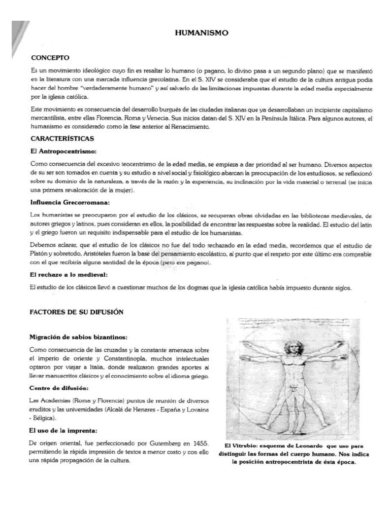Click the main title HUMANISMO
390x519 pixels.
tap(202, 33)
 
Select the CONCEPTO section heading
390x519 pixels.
tap(50, 58)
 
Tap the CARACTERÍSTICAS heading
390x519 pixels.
tap(61, 138)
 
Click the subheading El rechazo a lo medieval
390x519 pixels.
tap(69, 274)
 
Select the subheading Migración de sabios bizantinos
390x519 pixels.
tap(79, 337)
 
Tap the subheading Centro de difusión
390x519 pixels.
tap(59, 388)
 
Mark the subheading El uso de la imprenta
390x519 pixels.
tap(63, 430)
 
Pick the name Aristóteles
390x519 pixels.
tap(96, 253)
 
